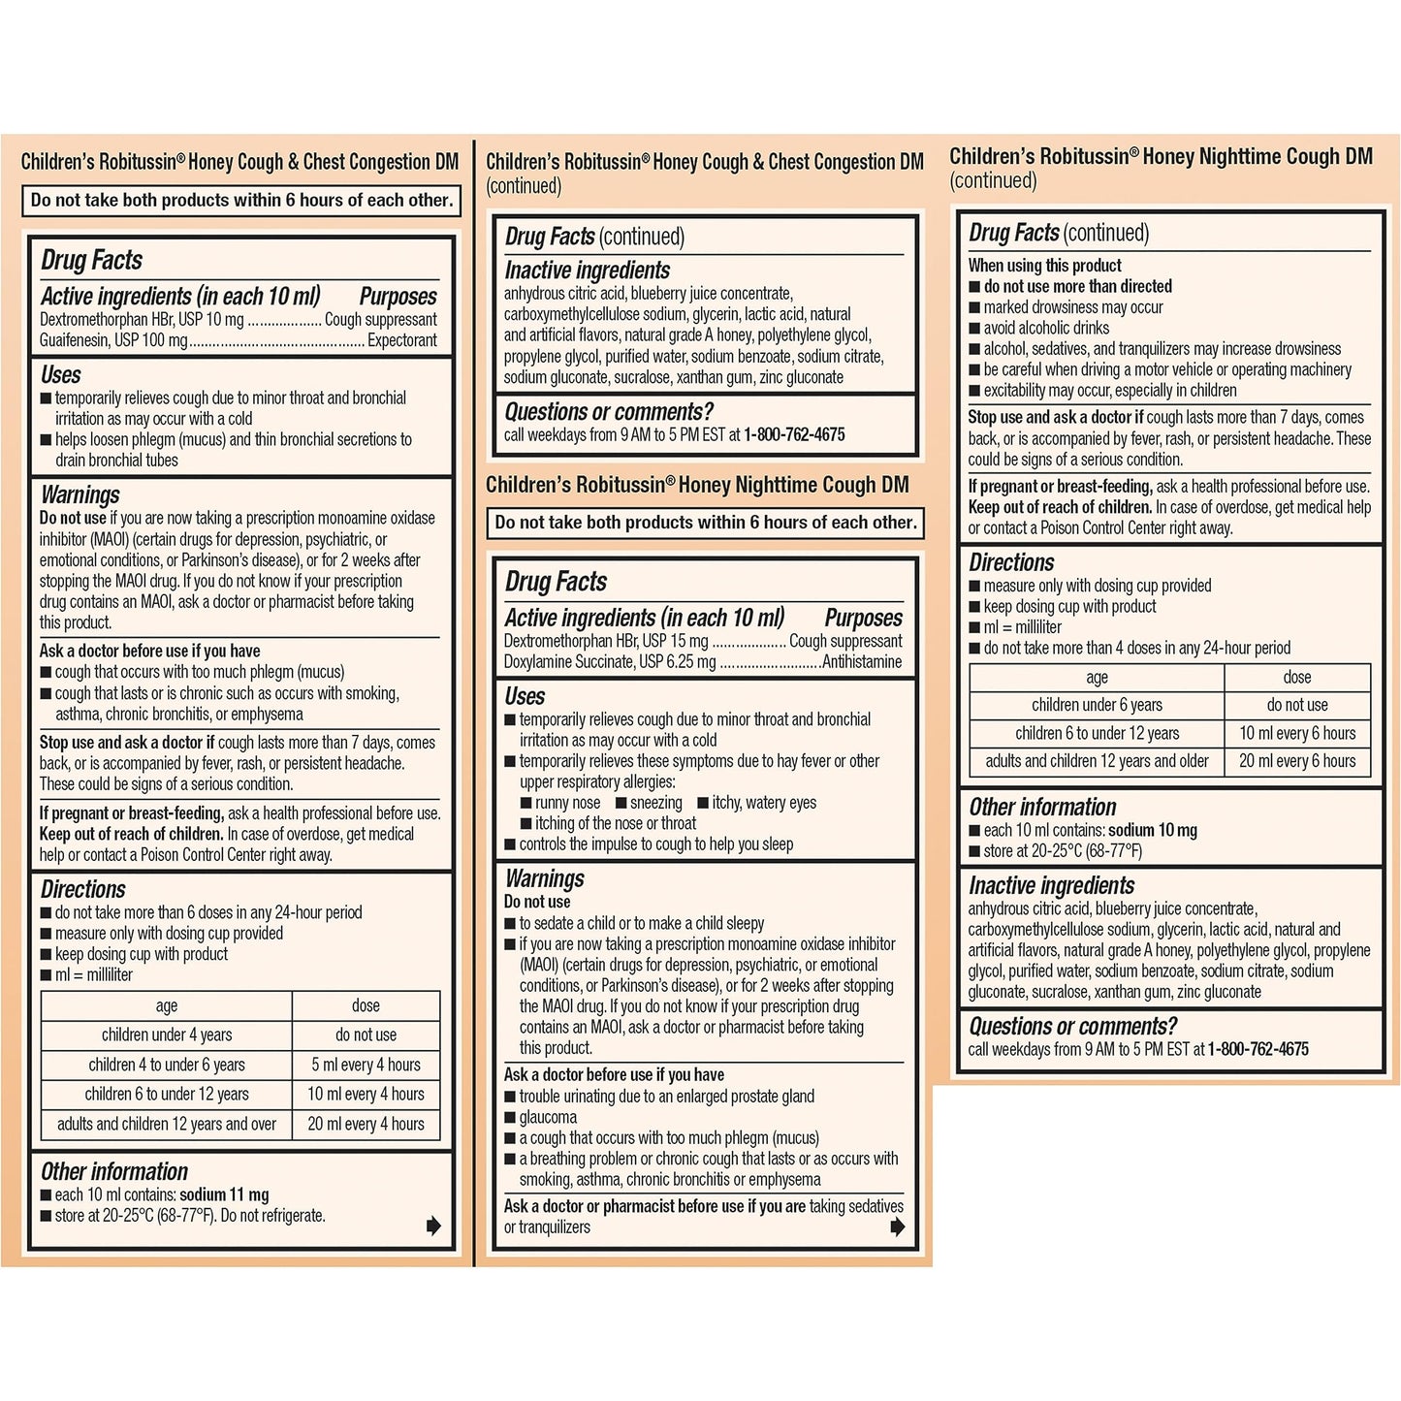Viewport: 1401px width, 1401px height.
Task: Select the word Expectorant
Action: pos(401,340)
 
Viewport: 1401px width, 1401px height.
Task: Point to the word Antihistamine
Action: pos(861,662)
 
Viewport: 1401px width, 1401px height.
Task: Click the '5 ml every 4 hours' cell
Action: pos(366,1065)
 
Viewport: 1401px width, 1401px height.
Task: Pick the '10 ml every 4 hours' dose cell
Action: pos(366,1094)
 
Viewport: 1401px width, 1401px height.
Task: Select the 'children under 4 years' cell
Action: pos(167,1035)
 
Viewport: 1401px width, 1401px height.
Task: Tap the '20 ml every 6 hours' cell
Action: pos(1297,761)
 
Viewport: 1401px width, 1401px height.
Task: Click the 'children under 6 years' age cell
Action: pos(1097,705)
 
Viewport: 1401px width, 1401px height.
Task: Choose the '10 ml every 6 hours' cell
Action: pos(1297,733)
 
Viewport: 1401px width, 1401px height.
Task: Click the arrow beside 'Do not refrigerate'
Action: pos(433,1226)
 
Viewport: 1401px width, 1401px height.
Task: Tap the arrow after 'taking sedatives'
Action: pos(898,1227)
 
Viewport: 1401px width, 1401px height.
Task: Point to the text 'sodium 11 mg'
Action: pos(224,1194)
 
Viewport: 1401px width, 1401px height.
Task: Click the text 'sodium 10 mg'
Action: pos(1153,830)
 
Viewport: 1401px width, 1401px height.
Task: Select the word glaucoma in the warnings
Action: pos(548,1117)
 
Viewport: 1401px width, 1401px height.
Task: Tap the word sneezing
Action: pos(656,803)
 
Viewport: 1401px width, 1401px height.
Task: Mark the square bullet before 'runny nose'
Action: pos(525,803)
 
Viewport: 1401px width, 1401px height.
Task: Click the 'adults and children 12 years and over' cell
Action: pos(167,1124)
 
